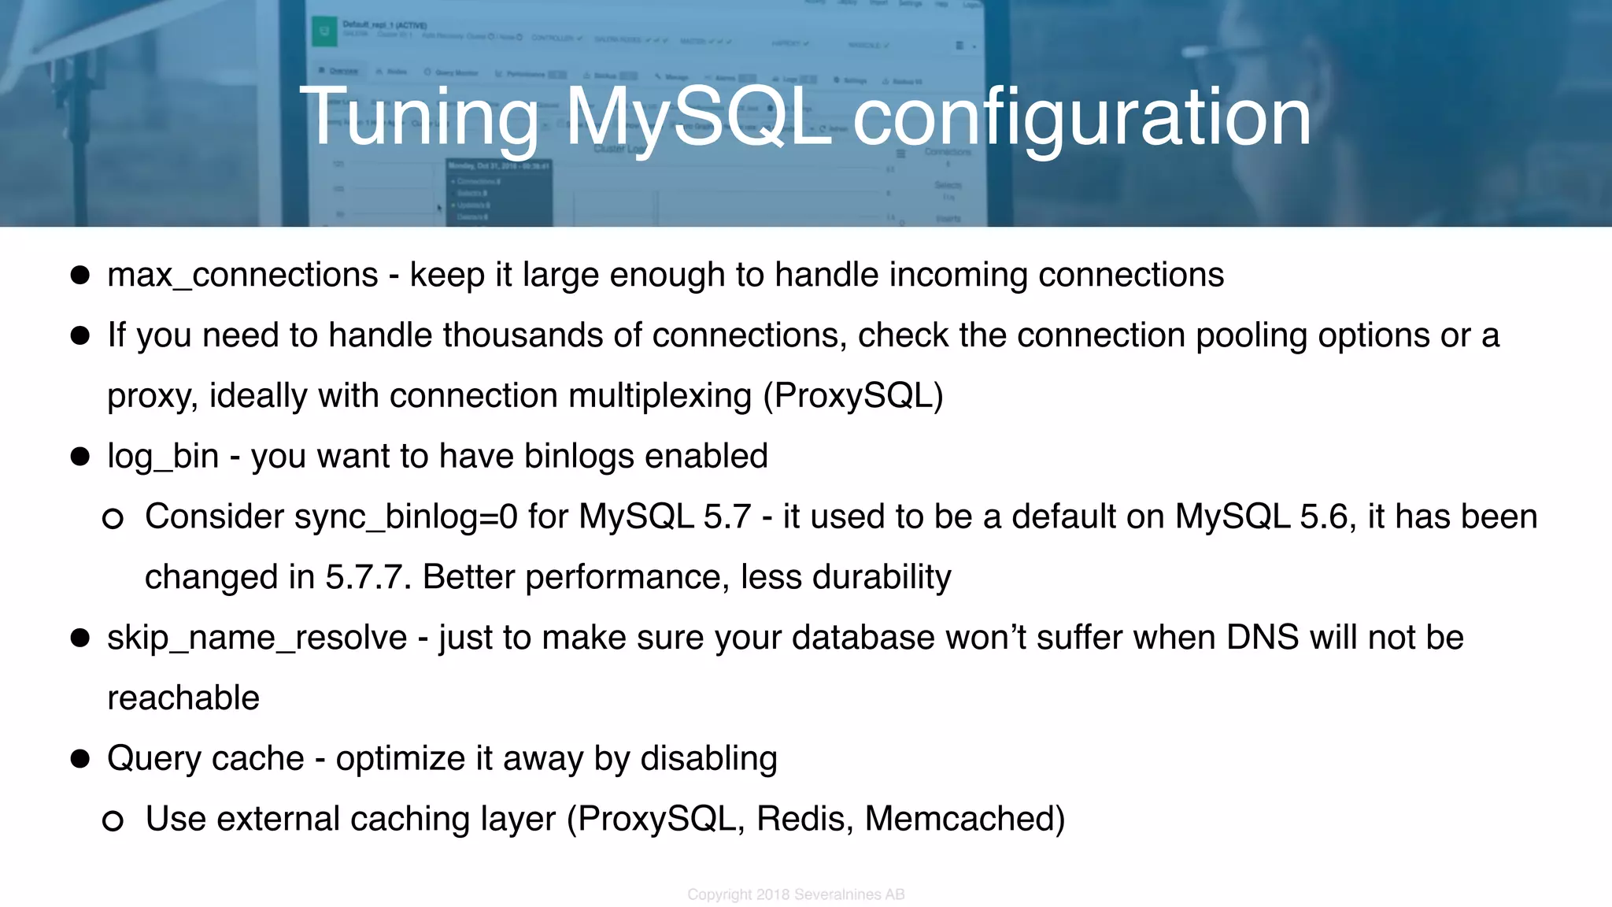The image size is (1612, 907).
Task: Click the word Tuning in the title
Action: click(419, 118)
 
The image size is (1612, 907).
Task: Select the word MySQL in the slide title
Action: click(699, 118)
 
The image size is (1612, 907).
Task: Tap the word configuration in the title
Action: click(1082, 118)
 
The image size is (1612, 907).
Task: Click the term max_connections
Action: click(242, 276)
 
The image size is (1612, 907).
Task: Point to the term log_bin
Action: click(163, 457)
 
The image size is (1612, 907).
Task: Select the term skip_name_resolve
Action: click(257, 638)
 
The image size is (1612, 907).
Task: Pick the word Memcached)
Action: click(965, 820)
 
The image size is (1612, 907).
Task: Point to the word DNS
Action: click(1263, 638)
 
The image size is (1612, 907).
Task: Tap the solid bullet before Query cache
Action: click(80, 759)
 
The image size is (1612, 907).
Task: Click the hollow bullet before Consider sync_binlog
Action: click(113, 518)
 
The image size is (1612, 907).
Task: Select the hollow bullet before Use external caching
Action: click(113, 820)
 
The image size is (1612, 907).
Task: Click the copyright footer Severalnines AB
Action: click(849, 894)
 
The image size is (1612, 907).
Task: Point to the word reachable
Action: click(183, 698)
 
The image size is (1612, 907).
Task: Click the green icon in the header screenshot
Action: click(324, 32)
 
